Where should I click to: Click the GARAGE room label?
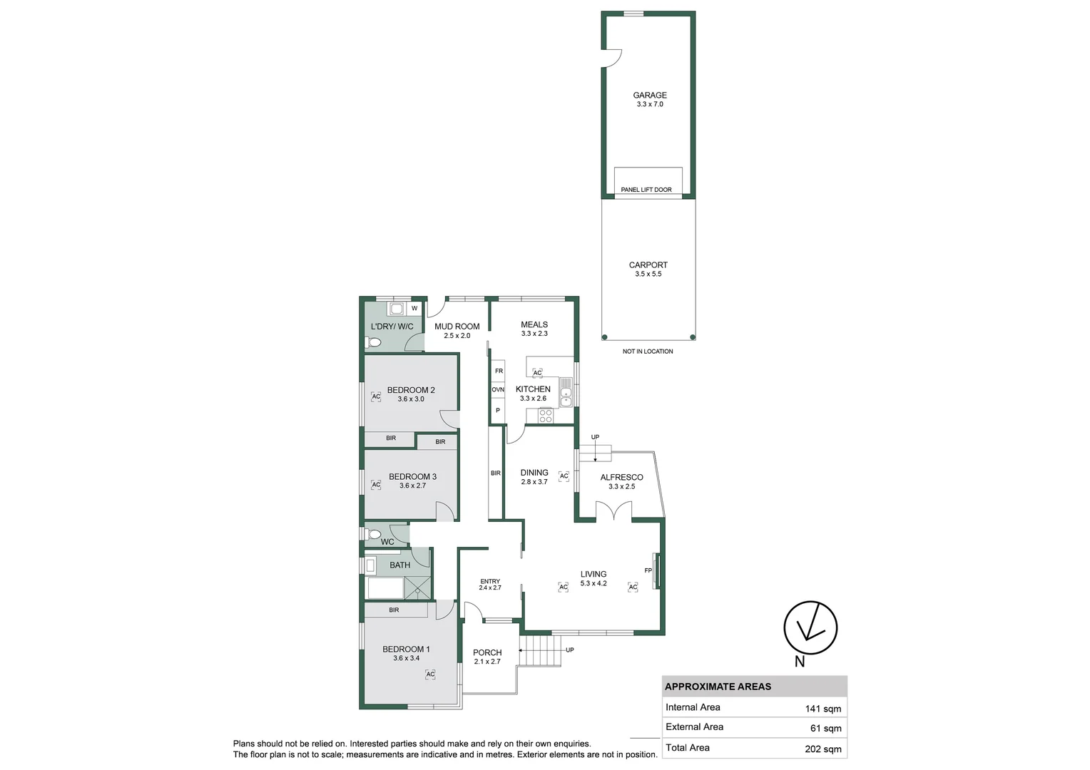pos(649,95)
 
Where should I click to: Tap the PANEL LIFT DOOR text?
pos(646,190)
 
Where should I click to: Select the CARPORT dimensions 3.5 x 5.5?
pos(648,274)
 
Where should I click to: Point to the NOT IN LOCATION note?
pos(647,351)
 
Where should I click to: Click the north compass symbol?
pos(810,627)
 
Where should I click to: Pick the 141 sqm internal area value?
pos(822,709)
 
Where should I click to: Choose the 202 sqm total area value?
pos(822,749)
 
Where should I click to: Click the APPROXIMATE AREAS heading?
pos(718,687)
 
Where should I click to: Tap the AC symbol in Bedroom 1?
pos(430,674)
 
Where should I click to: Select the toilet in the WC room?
pos(372,534)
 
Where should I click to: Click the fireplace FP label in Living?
pos(648,570)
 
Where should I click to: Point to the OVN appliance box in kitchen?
pos(498,390)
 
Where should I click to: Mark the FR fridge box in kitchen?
pos(499,371)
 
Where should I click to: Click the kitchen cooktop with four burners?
pos(546,416)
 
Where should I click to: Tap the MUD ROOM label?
pos(457,327)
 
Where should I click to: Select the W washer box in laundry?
pos(414,308)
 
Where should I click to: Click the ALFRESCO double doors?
pos(613,511)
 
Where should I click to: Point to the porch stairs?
pos(540,650)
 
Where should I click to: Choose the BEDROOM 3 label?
pos(412,476)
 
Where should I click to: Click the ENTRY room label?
pos(490,581)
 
